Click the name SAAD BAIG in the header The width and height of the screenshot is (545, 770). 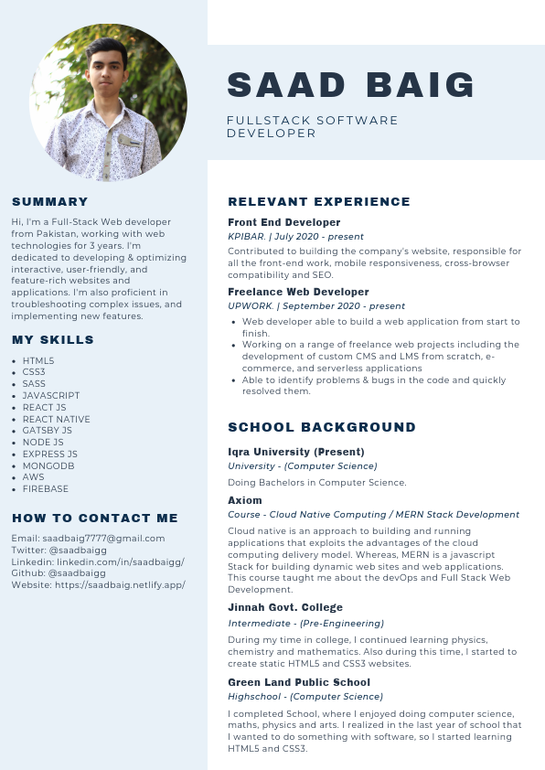351,85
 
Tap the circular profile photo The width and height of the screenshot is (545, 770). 108,102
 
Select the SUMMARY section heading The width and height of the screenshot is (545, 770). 50,202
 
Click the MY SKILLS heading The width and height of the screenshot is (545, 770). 53,340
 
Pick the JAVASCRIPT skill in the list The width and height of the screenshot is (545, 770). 51,396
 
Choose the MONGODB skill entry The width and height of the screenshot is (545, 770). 48,465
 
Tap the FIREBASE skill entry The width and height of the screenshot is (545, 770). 46,488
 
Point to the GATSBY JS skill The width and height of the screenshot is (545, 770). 48,431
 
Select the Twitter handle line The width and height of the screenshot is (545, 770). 59,551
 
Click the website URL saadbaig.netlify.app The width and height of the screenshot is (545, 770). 118,585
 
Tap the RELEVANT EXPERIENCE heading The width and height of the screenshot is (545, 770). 319,202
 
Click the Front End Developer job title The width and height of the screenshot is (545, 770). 283,222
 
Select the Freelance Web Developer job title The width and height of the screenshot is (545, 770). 298,292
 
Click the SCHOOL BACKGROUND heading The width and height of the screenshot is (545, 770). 321,427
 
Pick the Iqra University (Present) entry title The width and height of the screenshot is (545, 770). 296,452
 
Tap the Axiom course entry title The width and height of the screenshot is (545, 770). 245,500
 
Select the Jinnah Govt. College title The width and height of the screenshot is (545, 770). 285,608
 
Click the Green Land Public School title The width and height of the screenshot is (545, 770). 299,682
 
